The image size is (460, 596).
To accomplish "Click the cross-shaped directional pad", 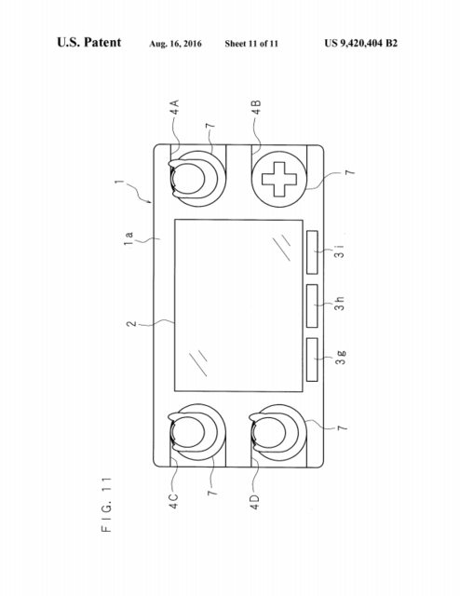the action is click(279, 179).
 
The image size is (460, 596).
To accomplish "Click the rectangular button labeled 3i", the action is click(312, 252).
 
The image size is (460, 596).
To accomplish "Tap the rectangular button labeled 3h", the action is click(312, 305).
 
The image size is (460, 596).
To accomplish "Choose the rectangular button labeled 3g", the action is click(312, 359).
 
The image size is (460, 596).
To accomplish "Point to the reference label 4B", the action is click(257, 108).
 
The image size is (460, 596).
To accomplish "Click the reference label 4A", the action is click(174, 107).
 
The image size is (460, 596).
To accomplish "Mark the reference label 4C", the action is click(173, 501).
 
